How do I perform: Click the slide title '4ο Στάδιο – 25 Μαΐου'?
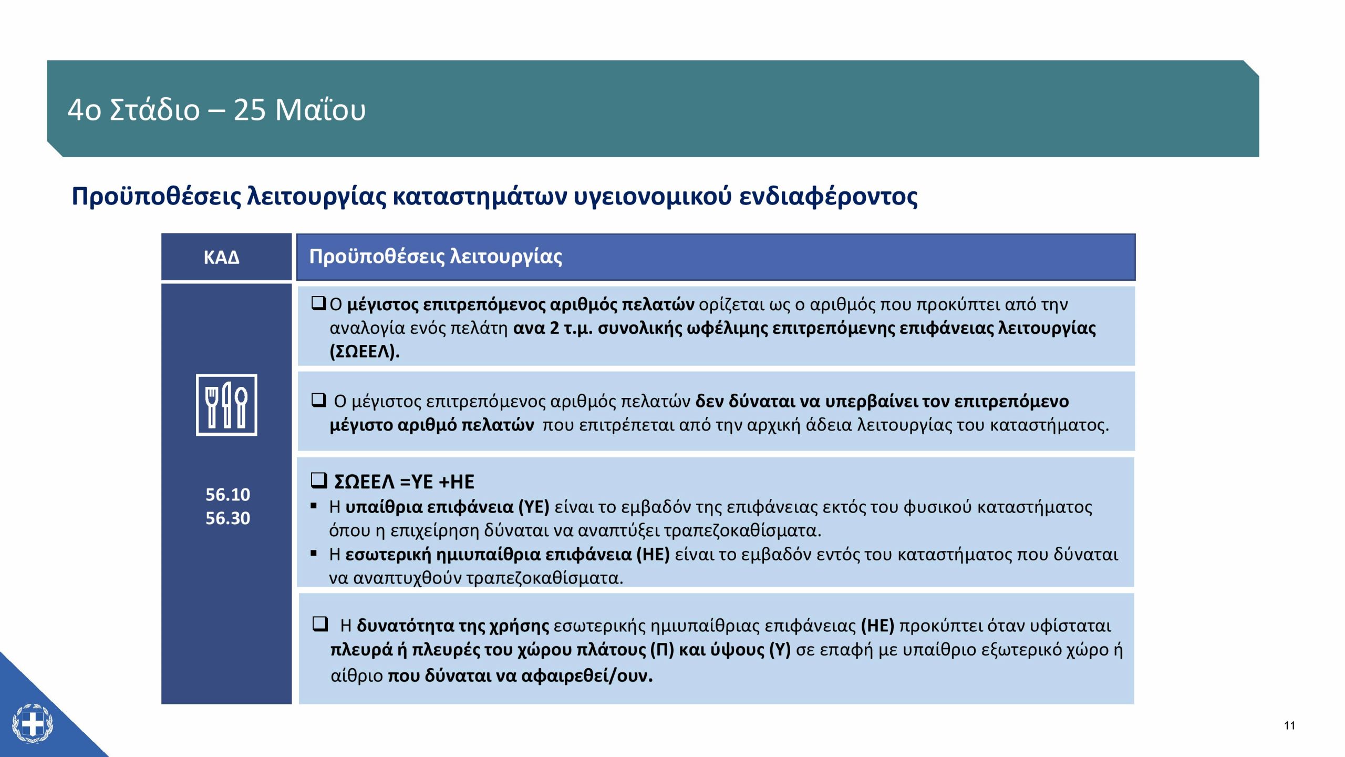(x=216, y=110)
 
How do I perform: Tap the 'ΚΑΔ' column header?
(x=222, y=257)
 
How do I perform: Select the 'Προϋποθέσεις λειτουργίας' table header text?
(x=436, y=257)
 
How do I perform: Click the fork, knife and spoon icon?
(x=226, y=405)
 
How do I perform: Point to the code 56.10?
(x=227, y=494)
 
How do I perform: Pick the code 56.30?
(x=227, y=518)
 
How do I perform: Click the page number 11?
(x=1289, y=726)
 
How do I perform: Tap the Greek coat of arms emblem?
(x=33, y=724)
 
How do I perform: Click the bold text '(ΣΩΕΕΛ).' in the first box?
(x=365, y=351)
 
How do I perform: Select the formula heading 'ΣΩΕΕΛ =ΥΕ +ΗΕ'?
(x=404, y=482)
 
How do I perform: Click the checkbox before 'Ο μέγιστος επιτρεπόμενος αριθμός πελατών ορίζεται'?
(x=318, y=303)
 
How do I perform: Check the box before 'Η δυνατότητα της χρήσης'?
(x=320, y=624)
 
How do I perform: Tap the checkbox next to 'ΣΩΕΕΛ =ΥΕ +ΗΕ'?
(x=319, y=480)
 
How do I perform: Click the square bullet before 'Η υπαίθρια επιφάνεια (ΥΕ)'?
(x=314, y=506)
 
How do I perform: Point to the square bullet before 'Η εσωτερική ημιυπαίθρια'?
(x=314, y=553)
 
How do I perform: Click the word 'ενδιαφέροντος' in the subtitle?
(x=829, y=197)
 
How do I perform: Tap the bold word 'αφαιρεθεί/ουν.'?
(x=587, y=676)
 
